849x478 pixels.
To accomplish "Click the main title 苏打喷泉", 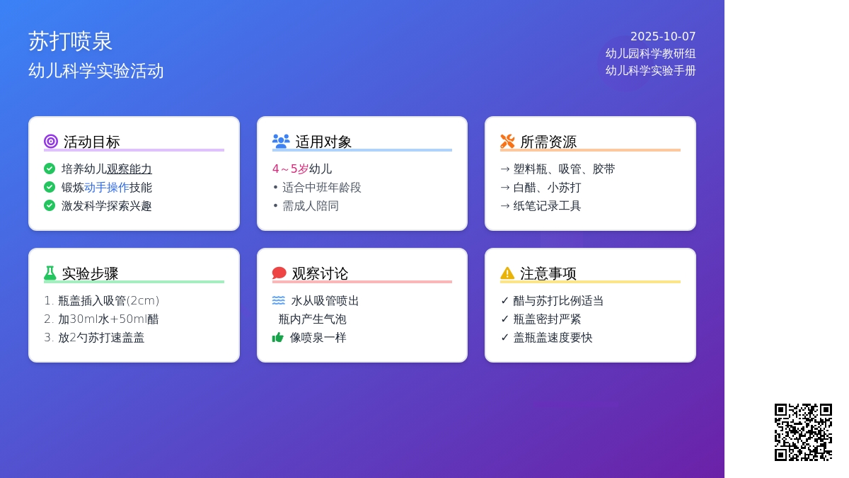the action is click(x=70, y=41).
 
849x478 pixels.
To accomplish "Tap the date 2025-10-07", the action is click(x=663, y=36).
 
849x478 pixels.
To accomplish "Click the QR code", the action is click(x=803, y=432).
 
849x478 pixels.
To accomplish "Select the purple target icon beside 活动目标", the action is click(x=51, y=141).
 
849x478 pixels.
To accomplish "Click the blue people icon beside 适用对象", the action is click(x=281, y=141).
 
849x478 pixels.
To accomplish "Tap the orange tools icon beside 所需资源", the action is click(x=507, y=141).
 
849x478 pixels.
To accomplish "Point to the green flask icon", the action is click(x=50, y=273).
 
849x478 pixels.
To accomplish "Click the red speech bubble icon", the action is click(x=279, y=273).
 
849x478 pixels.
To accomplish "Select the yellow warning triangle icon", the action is click(x=507, y=273).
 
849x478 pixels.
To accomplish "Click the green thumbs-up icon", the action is click(x=278, y=337).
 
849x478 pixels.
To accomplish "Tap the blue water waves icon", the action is click(x=279, y=300).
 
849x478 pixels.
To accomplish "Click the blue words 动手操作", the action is click(x=107, y=188).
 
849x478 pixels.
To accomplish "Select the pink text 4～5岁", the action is click(x=290, y=169).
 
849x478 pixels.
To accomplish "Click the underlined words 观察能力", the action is click(x=129, y=169).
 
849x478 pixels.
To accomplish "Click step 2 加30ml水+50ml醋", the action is click(x=108, y=319).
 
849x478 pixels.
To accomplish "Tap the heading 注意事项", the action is click(x=548, y=273).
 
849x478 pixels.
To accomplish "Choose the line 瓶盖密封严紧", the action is click(x=547, y=319).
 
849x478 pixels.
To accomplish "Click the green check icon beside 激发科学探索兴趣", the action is click(x=50, y=205).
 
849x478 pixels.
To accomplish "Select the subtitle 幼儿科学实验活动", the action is click(x=96, y=71).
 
